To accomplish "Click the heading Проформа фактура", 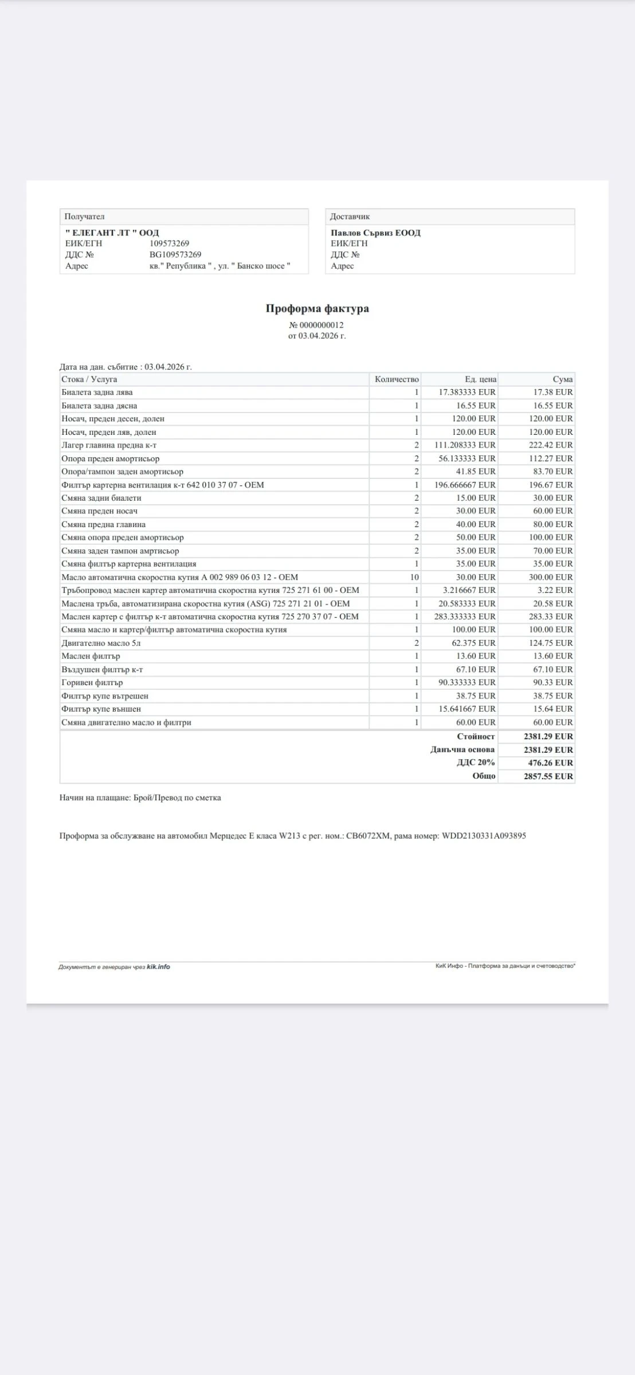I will point(317,309).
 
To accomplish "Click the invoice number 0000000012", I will point(321,325).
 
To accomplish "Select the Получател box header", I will point(84,217).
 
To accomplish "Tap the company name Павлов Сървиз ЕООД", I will point(375,233).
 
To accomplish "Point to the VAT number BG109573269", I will point(175,254).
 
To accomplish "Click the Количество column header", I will point(397,379).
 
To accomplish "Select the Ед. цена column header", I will point(480,379).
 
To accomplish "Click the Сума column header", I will point(562,379).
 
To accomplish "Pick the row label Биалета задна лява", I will point(97,392).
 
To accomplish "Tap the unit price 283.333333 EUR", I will point(464,616).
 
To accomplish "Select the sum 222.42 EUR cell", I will point(550,445).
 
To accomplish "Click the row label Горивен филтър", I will point(92,682).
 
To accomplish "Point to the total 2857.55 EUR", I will point(548,776).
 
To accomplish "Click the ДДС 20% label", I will point(476,763).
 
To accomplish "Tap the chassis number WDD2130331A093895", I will point(484,836).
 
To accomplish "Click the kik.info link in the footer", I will point(158,967).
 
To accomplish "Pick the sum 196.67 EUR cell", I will point(550,485).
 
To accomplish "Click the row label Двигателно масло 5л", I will point(101,643).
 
